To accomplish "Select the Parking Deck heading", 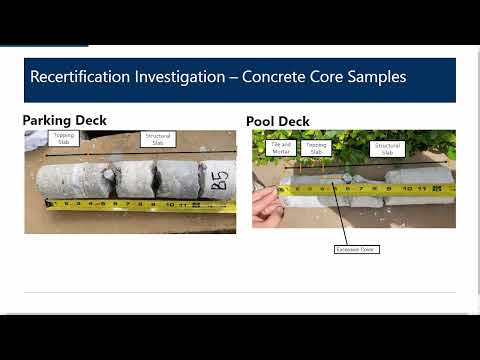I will tap(65, 121).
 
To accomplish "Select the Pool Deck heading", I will tap(277, 122).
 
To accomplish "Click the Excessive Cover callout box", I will tap(355, 248).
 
